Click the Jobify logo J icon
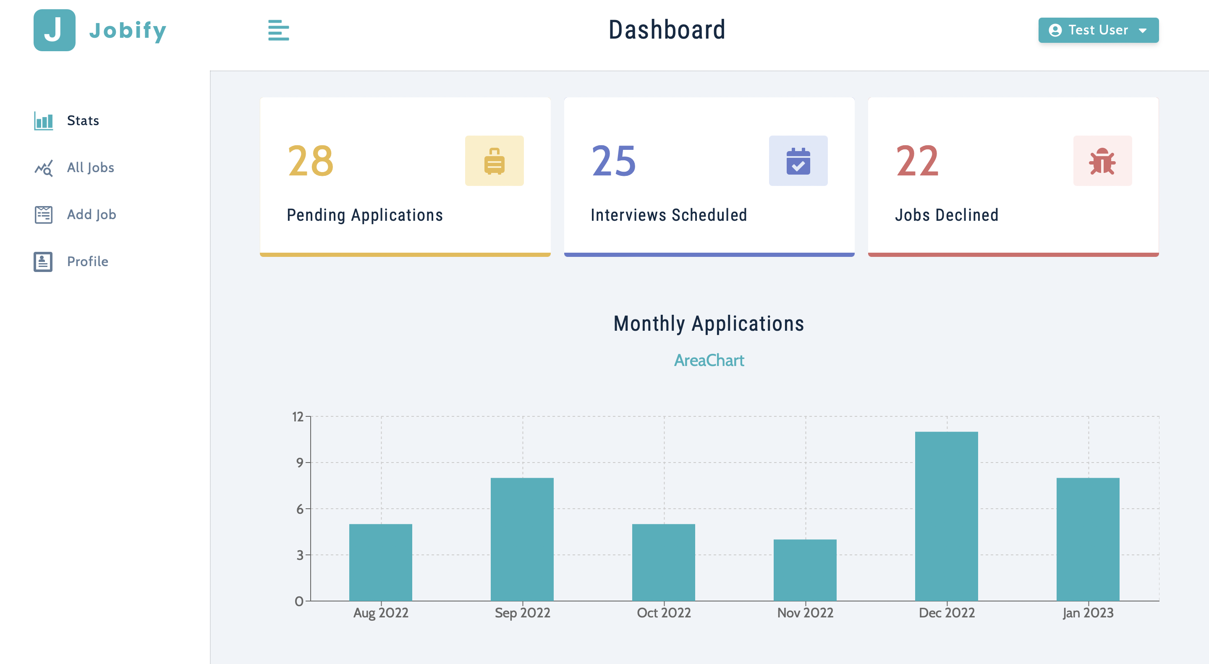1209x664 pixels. coord(55,30)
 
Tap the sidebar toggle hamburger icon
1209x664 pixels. coord(278,30)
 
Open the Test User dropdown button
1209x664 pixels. coord(1098,30)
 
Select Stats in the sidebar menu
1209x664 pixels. coord(83,120)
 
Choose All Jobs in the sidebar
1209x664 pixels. coord(90,167)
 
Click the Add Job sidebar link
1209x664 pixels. coord(91,214)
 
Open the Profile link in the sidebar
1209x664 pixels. coord(87,261)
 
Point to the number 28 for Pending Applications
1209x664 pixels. coord(310,161)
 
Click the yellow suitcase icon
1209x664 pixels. coord(494,161)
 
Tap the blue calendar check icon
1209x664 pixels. coord(798,161)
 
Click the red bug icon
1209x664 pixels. coord(1102,161)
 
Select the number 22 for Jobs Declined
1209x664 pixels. coord(918,161)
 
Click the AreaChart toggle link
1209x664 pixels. coord(709,361)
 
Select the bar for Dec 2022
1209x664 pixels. coord(946,516)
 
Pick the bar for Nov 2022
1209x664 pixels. coord(804,570)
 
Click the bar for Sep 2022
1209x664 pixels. coord(522,540)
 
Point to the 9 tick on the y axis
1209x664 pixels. coord(299,463)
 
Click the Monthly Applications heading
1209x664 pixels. coord(709,324)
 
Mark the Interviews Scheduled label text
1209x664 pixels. coord(668,215)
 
